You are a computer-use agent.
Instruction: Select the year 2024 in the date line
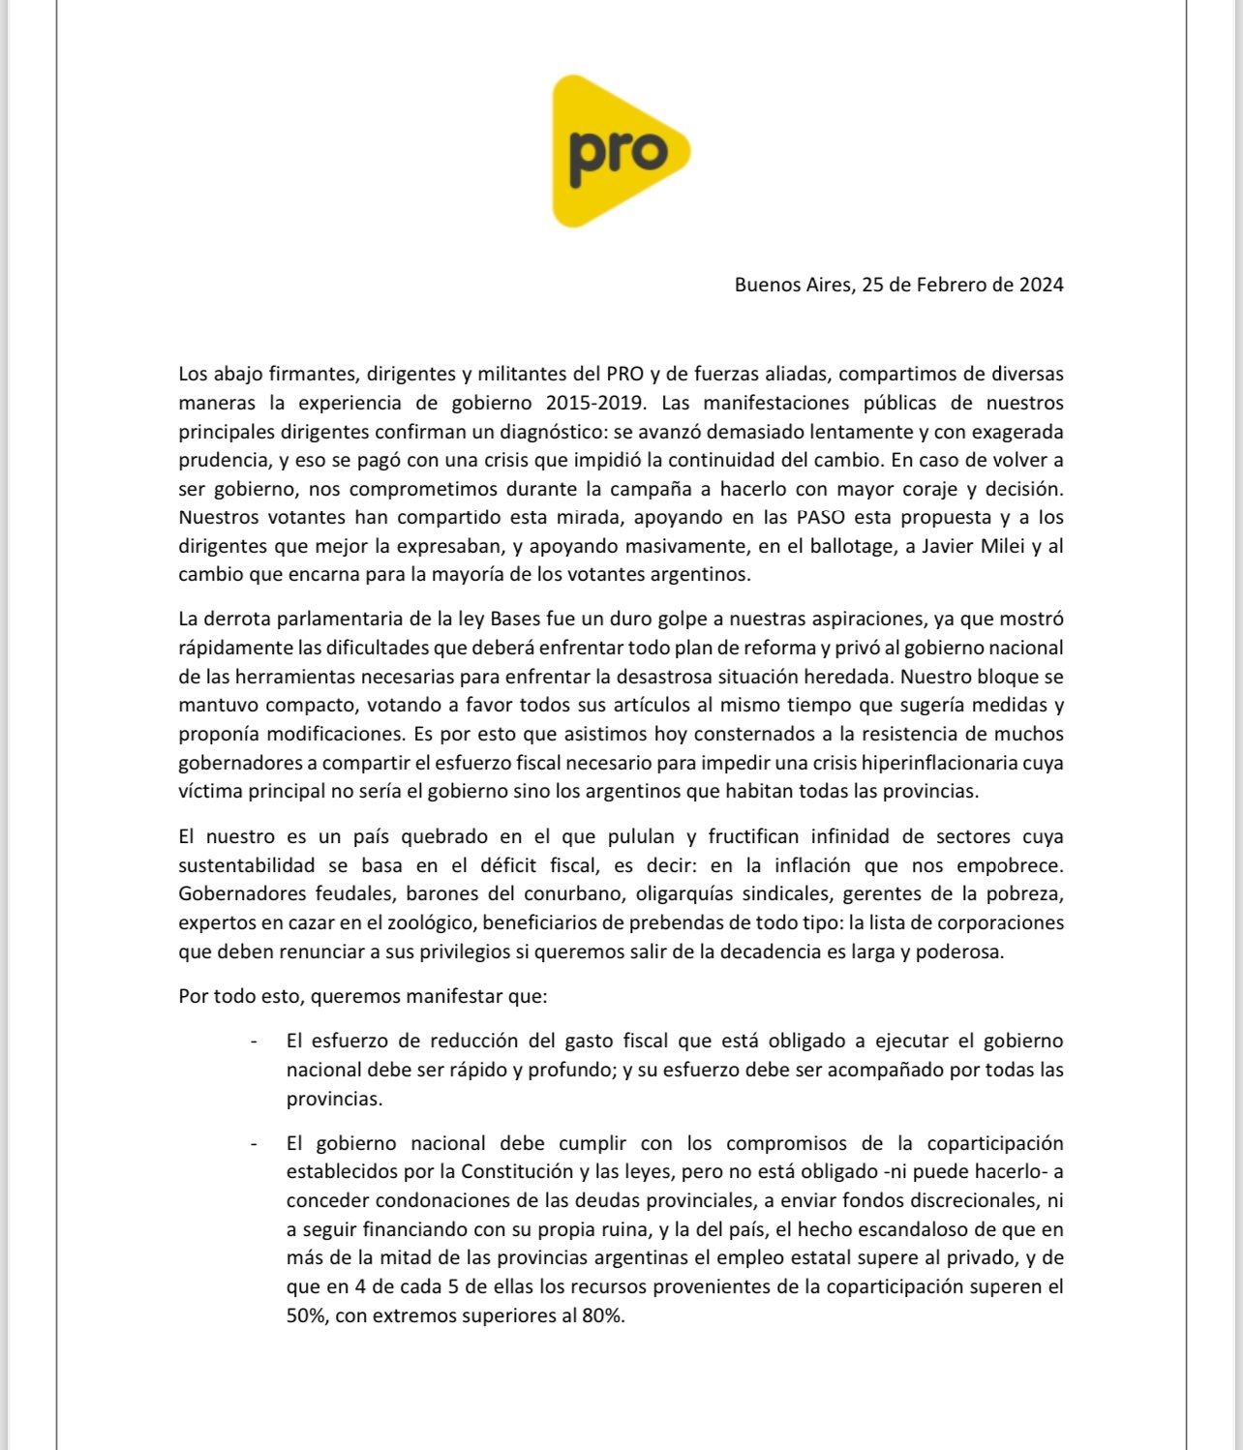1041,285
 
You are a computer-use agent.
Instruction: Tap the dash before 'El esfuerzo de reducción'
254,1042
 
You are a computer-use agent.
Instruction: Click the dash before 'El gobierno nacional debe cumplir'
254,1144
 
